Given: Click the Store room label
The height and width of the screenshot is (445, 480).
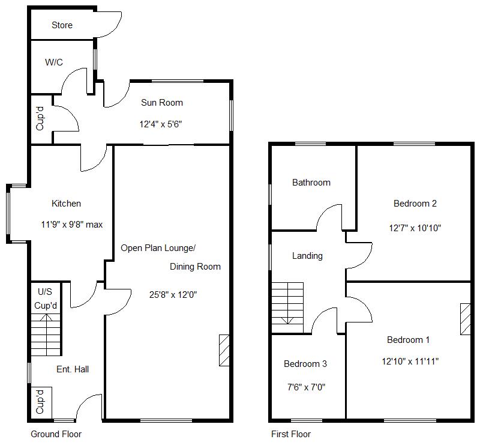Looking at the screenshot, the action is [62, 25].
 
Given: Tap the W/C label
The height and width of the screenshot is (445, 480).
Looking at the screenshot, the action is [54, 62].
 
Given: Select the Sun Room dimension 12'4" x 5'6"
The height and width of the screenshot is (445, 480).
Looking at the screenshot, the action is [161, 124].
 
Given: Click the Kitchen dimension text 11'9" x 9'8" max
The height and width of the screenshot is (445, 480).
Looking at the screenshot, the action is [72, 225].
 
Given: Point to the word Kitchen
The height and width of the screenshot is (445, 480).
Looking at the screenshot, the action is [66, 204].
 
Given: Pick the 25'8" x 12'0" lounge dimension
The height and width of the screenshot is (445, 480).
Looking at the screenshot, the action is [173, 295].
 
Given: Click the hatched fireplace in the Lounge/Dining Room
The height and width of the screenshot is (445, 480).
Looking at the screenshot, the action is [224, 350].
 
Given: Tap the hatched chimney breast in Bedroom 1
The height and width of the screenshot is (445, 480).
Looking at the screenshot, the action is [466, 319].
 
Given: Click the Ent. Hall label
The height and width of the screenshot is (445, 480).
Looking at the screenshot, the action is [73, 369].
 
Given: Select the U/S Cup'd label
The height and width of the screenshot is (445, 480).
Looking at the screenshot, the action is [46, 298].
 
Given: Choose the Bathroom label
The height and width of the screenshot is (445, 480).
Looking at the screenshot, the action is [311, 183].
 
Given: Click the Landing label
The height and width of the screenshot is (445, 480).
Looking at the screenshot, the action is [307, 256].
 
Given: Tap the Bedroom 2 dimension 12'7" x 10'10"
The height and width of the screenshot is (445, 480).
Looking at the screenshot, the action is [415, 228].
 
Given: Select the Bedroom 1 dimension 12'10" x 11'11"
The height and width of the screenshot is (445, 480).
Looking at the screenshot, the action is [410, 362].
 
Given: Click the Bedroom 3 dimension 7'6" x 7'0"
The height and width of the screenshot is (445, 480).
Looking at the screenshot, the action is [306, 387].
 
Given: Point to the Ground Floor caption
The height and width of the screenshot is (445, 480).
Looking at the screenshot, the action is [56, 434].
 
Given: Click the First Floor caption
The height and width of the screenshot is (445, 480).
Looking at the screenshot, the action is [291, 434].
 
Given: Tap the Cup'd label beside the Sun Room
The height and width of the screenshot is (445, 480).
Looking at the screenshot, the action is [40, 118].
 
